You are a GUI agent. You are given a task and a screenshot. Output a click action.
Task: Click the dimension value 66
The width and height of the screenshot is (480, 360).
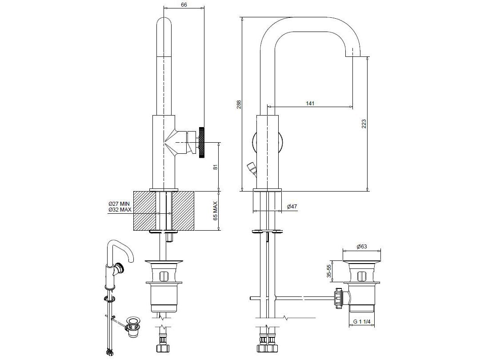click(x=184, y=4)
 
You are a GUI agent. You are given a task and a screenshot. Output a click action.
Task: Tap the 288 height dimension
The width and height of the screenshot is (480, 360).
click(x=239, y=104)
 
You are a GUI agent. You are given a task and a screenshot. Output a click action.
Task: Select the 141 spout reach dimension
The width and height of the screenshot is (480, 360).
click(x=310, y=103)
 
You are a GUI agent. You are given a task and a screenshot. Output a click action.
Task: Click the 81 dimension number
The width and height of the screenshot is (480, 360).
click(x=215, y=167)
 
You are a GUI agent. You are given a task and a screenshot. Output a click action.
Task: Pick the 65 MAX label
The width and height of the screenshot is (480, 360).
click(x=215, y=211)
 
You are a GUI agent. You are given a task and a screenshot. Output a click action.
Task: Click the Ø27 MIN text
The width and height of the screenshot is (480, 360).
click(x=120, y=204)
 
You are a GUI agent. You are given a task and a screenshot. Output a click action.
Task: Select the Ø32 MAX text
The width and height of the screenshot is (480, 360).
click(x=120, y=209)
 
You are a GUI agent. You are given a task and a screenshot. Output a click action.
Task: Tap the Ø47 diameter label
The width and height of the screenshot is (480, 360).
click(x=292, y=207)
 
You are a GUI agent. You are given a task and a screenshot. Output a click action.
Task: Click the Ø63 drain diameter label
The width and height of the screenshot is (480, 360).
click(x=362, y=247)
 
